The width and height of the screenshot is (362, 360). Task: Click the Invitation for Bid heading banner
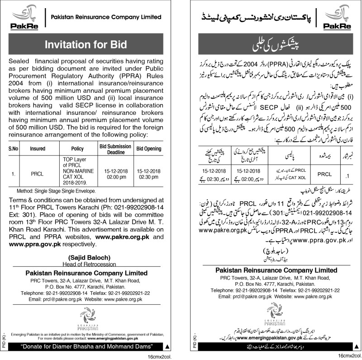tap(86, 44)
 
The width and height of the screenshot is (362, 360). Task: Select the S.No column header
tap(13, 148)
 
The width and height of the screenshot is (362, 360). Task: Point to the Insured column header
tap(38, 148)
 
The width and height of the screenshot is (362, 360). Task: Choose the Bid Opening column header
tap(149, 148)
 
